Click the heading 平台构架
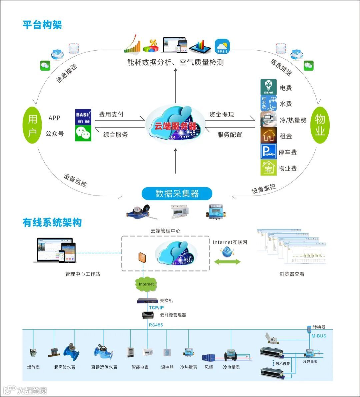[42, 25]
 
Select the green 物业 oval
[320, 125]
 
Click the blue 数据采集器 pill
[177, 194]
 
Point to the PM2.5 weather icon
[222, 47]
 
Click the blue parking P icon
[268, 152]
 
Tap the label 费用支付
[111, 115]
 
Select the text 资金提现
[222, 115]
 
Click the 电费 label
[286, 88]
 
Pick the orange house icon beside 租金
[268, 136]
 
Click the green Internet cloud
[146, 284]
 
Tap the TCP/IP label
[156, 308]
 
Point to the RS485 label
[156, 325]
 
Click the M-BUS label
[319, 336]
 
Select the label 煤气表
[33, 367]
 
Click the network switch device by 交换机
[148, 300]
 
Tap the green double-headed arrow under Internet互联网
[227, 262]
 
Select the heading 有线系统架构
[52, 222]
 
